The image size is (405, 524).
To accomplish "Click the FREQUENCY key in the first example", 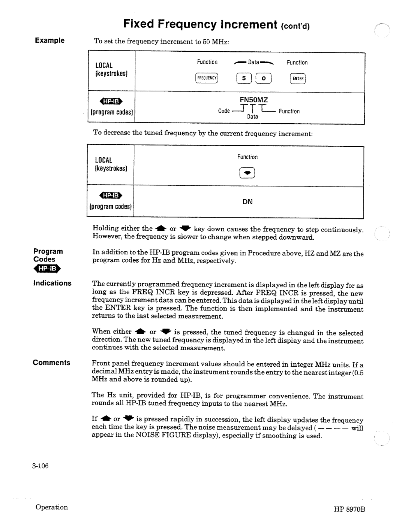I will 207,78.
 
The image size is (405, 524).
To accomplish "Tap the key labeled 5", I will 244,78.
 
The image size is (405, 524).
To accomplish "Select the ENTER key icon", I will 298,78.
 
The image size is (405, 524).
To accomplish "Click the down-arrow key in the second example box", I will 247,173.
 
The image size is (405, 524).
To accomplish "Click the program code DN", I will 247,202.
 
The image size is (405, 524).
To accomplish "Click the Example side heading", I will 50,40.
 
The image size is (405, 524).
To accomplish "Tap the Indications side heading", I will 52,283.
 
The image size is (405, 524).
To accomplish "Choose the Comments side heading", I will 51,363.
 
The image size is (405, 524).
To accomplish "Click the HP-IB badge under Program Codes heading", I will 47,269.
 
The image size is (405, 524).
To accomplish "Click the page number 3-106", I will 40,466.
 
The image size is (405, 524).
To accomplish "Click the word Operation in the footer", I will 52,507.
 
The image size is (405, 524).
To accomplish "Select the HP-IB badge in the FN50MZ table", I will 111,101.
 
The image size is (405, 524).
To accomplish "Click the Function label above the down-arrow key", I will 247,157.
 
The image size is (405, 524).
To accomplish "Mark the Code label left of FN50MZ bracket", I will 224,111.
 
